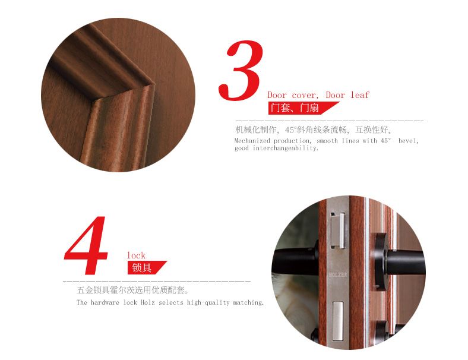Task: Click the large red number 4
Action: pyautogui.click(x=87, y=245)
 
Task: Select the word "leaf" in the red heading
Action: pyautogui.click(x=360, y=95)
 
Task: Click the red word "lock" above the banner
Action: pyautogui.click(x=136, y=255)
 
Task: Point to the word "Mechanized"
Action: pyautogui.click(x=252, y=141)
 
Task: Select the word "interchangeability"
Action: pyautogui.click(x=285, y=148)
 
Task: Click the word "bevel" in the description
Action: pyautogui.click(x=408, y=141)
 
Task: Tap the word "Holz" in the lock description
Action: pyautogui.click(x=148, y=302)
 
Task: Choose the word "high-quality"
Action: pyautogui.click(x=208, y=302)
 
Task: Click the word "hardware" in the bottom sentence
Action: pyautogui.click(x=105, y=302)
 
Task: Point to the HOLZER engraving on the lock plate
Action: pyautogui.click(x=338, y=274)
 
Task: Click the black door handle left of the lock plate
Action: pyautogui.click(x=295, y=260)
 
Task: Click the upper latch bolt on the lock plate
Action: pyautogui.click(x=338, y=230)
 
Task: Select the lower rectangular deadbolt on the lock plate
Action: pyautogui.click(x=338, y=321)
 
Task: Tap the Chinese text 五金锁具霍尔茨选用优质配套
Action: pyautogui.click(x=133, y=290)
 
